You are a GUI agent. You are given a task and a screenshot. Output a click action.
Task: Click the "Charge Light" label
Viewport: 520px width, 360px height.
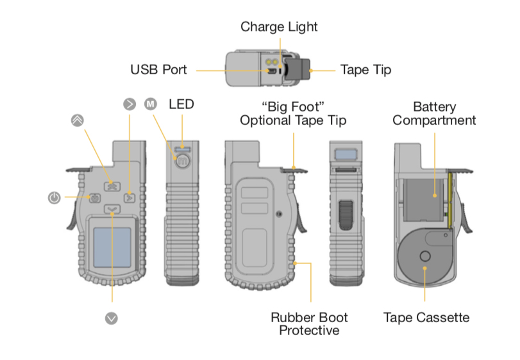click(279, 27)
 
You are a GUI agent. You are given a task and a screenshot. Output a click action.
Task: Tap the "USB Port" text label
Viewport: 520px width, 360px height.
click(158, 69)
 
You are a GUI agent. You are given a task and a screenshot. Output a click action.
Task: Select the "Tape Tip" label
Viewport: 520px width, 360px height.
click(365, 69)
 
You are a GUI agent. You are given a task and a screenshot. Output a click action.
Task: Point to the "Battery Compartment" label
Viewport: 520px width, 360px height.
click(434, 113)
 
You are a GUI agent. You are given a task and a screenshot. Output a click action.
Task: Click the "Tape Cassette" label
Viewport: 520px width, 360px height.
click(426, 317)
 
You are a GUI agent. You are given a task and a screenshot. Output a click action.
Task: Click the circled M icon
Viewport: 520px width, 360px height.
click(151, 104)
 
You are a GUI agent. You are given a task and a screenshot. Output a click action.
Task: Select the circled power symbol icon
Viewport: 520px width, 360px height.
click(55, 198)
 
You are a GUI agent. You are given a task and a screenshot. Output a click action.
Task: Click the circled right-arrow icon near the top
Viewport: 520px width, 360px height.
click(130, 104)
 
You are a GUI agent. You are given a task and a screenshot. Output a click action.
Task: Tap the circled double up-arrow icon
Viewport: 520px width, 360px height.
click(76, 120)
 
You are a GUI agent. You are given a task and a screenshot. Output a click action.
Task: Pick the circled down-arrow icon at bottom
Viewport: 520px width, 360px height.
click(112, 317)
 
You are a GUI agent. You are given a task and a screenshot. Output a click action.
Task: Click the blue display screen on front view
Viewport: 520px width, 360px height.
click(112, 247)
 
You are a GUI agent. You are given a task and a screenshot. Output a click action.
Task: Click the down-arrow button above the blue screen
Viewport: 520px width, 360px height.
click(112, 209)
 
